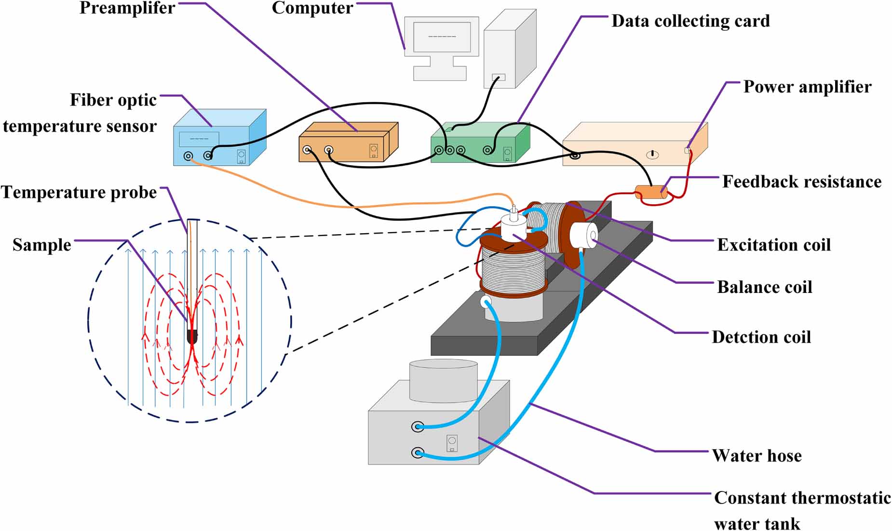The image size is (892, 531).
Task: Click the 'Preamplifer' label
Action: click(x=127, y=8)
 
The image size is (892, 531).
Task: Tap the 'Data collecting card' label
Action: click(x=690, y=21)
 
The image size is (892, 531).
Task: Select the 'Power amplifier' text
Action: click(x=807, y=87)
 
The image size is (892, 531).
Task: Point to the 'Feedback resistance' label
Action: click(x=802, y=182)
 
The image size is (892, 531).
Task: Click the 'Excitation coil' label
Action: click(x=774, y=245)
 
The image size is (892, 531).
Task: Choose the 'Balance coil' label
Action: click(x=765, y=287)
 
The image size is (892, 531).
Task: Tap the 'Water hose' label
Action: click(x=757, y=455)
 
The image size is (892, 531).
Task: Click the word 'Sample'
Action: click(x=42, y=245)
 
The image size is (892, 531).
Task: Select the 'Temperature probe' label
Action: click(x=79, y=193)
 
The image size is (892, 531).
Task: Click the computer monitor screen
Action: click(x=442, y=37)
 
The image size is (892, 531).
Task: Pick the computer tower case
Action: click(x=510, y=49)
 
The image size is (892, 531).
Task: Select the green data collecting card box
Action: click(x=480, y=143)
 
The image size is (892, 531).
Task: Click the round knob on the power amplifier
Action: click(x=652, y=155)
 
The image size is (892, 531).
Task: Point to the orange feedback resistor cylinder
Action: click(x=651, y=193)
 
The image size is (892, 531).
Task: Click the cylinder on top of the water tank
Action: click(x=444, y=381)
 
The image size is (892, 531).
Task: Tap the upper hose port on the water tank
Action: click(x=418, y=426)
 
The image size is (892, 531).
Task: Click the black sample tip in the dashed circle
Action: click(x=192, y=336)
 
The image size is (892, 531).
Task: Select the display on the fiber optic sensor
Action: click(x=199, y=139)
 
